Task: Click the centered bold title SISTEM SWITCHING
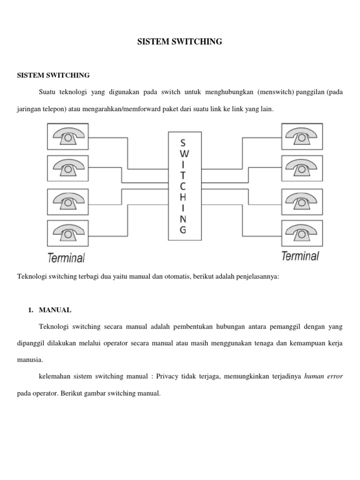(x=180, y=42)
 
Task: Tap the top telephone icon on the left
(x=69, y=136)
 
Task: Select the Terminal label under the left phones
(x=66, y=257)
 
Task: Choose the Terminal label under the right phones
(x=300, y=256)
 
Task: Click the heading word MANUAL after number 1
(x=55, y=310)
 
